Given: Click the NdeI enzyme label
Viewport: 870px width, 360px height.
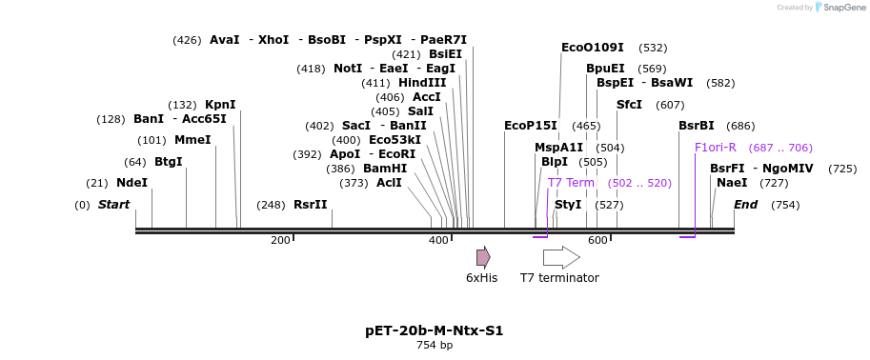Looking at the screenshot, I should point(132,183).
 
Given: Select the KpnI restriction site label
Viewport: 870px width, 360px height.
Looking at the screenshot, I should point(220,105).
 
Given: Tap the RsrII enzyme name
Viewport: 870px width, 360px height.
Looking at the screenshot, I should point(310,205).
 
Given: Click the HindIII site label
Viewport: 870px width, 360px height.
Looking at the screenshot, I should point(422,83).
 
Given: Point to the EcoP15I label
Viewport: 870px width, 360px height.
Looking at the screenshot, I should point(531,126).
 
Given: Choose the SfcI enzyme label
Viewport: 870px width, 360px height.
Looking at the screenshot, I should point(629,105).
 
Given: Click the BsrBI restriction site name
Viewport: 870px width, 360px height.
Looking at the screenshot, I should point(696,126).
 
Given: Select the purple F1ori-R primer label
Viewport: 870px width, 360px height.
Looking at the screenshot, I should point(716,148).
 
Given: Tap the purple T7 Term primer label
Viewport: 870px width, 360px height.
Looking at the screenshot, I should point(571,183).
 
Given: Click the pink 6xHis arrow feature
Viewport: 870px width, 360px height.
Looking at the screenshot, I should point(483,257).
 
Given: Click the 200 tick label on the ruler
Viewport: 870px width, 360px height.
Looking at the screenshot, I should point(280,240).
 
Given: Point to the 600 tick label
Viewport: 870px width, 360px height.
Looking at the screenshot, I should point(597,240).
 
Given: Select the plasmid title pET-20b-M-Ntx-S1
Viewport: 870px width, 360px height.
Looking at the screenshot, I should point(434,331).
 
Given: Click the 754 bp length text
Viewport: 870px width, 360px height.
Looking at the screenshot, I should point(434,346).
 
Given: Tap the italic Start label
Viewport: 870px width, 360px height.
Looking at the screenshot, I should point(113,205).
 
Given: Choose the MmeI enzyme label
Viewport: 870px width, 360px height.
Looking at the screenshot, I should point(192,140).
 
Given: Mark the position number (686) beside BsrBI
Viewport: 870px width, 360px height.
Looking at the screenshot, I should point(740,126).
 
